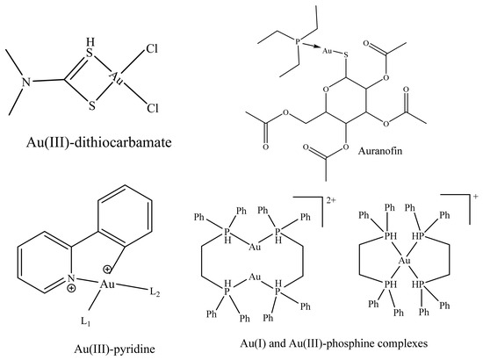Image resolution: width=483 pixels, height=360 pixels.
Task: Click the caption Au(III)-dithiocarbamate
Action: click(99, 142)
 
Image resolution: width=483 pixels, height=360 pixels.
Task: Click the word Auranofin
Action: click(380, 151)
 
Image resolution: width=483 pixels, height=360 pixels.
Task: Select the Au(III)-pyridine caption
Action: click(114, 349)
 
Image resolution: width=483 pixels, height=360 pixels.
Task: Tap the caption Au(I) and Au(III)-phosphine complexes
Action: click(334, 343)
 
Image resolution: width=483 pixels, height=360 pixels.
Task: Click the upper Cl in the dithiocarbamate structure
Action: click(152, 48)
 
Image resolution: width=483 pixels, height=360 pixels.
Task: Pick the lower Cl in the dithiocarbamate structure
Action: click(153, 108)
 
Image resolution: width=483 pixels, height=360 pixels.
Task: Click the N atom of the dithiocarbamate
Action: click(27, 82)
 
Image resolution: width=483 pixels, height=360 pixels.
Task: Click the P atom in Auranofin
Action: click(298, 41)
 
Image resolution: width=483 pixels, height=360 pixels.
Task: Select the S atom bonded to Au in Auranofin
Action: click(346, 55)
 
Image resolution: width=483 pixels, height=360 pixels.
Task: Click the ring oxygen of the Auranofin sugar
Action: click(326, 90)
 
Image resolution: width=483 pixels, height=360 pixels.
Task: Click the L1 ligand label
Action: click(85, 322)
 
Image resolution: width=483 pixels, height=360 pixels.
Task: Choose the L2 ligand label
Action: click(155, 292)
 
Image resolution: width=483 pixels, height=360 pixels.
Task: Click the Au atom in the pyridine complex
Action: click(107, 284)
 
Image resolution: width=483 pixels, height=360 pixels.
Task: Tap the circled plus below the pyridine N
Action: click(71, 288)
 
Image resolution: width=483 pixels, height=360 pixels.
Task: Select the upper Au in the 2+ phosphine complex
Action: click(255, 247)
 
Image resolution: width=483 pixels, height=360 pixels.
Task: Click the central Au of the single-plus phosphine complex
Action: click(405, 261)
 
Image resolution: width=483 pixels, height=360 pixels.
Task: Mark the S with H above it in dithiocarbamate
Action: click(89, 54)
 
